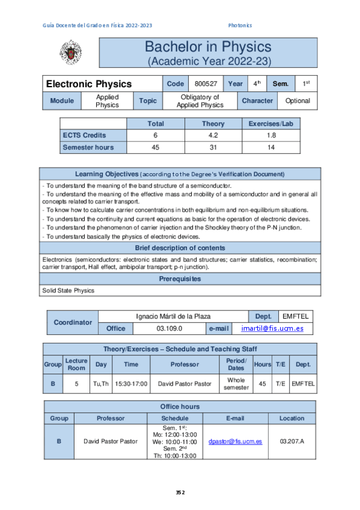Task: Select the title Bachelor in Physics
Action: (208, 47)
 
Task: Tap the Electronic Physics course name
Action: (89, 84)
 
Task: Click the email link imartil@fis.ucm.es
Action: (272, 328)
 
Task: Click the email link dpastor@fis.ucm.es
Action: (235, 441)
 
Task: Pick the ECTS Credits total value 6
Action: (156, 135)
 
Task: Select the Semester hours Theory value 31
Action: (213, 147)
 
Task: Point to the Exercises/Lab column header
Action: (270, 124)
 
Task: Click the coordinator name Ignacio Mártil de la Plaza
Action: (174, 316)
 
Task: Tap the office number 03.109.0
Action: (169, 328)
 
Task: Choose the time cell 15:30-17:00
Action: (130, 383)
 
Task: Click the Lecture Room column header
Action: (76, 364)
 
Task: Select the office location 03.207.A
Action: (292, 441)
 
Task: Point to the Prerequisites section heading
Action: (180, 279)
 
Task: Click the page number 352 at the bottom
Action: (180, 492)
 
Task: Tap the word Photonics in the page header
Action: (240, 25)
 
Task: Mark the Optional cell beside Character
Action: (297, 100)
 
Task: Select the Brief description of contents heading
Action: (180, 248)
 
